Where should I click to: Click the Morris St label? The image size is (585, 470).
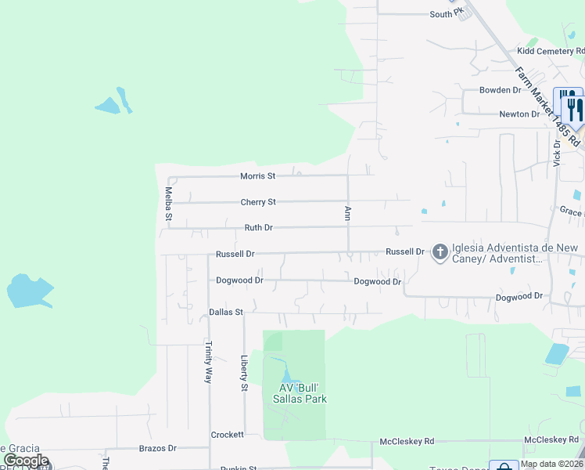coord(257,176)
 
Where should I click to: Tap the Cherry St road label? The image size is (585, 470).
coord(258,202)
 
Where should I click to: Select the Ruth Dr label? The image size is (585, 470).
coord(258,228)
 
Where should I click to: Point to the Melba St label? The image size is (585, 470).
coord(168,203)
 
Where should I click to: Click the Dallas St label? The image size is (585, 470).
coord(227,312)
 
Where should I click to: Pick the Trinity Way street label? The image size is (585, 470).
coord(208,361)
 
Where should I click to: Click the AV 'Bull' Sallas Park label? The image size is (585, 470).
coord(303,393)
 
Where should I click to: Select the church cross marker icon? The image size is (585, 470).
coord(440,251)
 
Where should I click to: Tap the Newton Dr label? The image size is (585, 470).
coord(520,114)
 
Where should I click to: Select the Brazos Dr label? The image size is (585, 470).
coord(158,448)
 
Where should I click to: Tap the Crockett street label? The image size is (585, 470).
coord(228,435)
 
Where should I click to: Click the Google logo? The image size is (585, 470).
coord(26,461)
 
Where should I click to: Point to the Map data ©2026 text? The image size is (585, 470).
coord(552,464)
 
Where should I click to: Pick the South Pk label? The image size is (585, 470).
coord(447,14)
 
